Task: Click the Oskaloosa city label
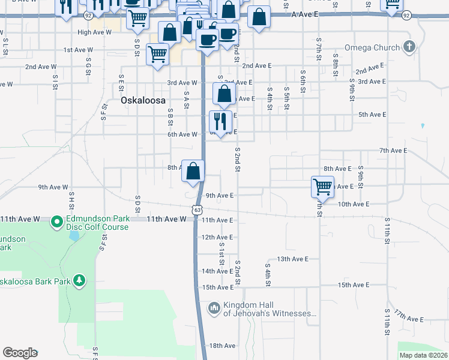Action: click(143, 100)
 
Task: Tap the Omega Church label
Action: click(372, 47)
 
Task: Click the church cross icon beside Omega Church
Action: click(409, 46)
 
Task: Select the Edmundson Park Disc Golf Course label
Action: click(97, 223)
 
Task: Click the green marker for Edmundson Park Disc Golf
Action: click(57, 223)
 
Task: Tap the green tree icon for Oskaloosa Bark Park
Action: click(79, 280)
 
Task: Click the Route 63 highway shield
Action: click(197, 209)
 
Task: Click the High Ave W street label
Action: click(94, 32)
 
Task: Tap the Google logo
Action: click(20, 353)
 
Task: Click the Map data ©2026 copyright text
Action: click(423, 355)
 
